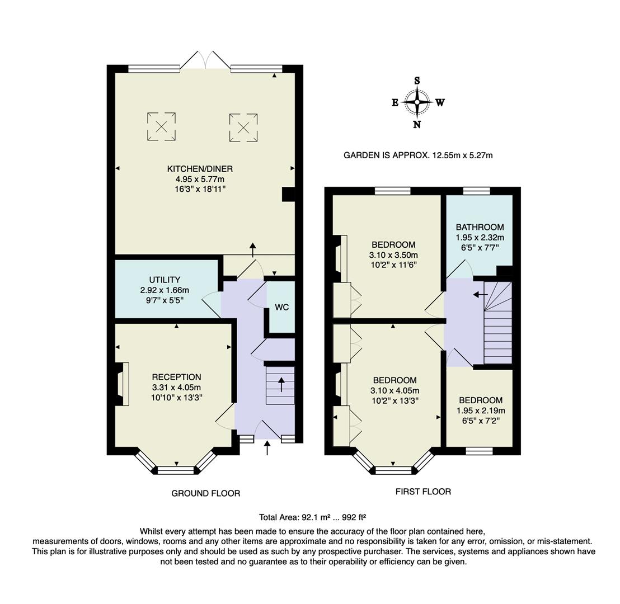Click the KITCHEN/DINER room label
(x=200, y=169)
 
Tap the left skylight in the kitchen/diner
(x=161, y=126)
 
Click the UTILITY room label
(x=165, y=280)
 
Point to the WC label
(x=281, y=308)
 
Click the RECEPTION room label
(x=176, y=377)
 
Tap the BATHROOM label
(x=480, y=227)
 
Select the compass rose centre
(x=417, y=102)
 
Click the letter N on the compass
(x=417, y=125)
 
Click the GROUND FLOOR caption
(x=205, y=493)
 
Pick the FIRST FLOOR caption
(x=423, y=492)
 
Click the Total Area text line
(x=312, y=517)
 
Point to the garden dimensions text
(x=418, y=155)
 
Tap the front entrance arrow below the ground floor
(x=267, y=447)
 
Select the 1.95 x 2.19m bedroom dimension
(x=480, y=410)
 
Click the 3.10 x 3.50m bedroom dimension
(x=393, y=255)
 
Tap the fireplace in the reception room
(x=121, y=384)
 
